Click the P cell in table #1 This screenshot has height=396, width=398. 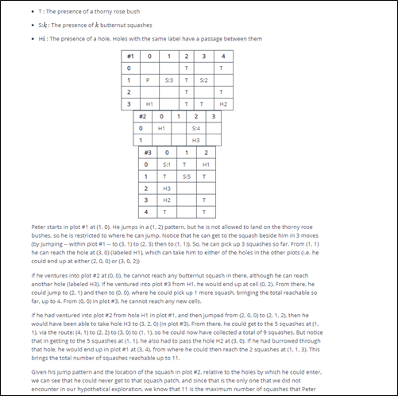click(149, 80)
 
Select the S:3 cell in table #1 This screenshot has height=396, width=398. click(168, 80)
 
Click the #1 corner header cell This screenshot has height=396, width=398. click(129, 56)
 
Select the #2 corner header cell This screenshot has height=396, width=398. click(142, 116)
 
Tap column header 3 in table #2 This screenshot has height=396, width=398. click(214, 116)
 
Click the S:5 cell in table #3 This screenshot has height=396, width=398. click(186, 176)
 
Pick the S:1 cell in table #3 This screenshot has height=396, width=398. click(167, 164)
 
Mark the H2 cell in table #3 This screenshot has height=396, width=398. click(167, 200)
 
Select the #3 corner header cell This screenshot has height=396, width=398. click(147, 152)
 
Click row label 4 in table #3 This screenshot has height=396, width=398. click(147, 212)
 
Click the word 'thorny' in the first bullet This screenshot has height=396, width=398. click(93, 13)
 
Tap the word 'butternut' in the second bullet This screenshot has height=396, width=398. click(110, 25)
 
